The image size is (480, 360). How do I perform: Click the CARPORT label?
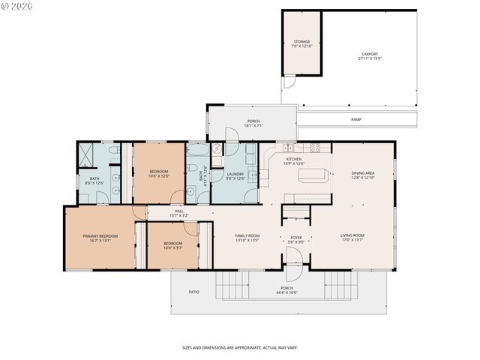coord(369,54)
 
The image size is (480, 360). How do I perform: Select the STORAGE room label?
coord(301,42)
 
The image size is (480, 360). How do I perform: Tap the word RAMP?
coord(356,119)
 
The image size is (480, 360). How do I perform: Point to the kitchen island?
coord(313,175)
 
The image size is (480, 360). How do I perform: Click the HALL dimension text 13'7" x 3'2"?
coord(179,216)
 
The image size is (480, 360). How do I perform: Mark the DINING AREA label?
coord(363,174)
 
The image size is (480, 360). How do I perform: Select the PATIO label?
coord(193,291)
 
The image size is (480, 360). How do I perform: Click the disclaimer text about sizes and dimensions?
coord(239,347)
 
